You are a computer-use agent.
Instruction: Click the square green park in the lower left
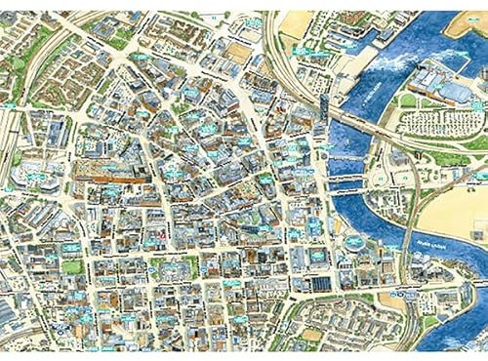pyautogui.click(x=73, y=266)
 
